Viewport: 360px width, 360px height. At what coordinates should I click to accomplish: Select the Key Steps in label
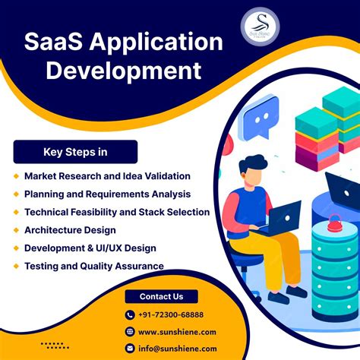(75, 152)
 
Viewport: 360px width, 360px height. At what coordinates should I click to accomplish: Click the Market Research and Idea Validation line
(107, 175)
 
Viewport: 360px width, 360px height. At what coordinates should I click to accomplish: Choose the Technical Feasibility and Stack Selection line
(116, 212)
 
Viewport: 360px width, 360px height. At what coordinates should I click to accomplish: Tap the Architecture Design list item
(70, 230)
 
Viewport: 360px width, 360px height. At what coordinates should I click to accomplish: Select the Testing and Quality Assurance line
(94, 266)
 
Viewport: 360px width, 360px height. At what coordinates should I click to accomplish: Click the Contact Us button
(161, 296)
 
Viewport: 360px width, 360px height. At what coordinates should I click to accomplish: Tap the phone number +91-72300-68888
(170, 314)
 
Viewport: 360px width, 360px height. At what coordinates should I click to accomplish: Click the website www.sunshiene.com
(177, 331)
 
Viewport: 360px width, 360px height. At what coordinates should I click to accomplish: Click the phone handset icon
(129, 314)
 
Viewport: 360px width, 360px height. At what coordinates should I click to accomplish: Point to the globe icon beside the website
(129, 331)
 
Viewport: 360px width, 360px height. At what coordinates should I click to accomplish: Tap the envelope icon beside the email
(129, 348)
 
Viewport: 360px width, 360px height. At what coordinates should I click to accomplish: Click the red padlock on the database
(334, 223)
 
